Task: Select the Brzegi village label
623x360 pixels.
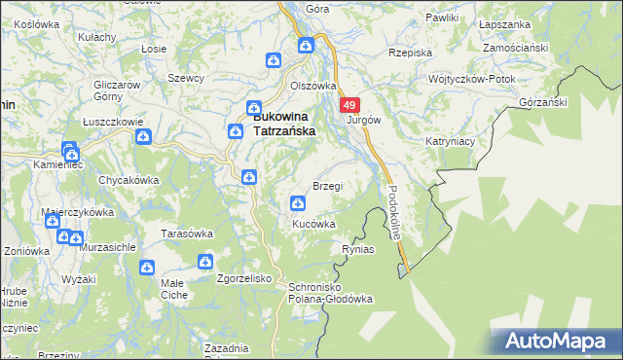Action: [327, 186]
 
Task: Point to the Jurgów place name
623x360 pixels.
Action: [363, 121]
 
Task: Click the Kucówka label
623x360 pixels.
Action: [314, 224]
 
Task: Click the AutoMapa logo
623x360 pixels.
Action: [557, 342]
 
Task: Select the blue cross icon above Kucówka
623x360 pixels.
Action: [297, 203]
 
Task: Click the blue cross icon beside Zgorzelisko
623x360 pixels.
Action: [205, 262]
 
